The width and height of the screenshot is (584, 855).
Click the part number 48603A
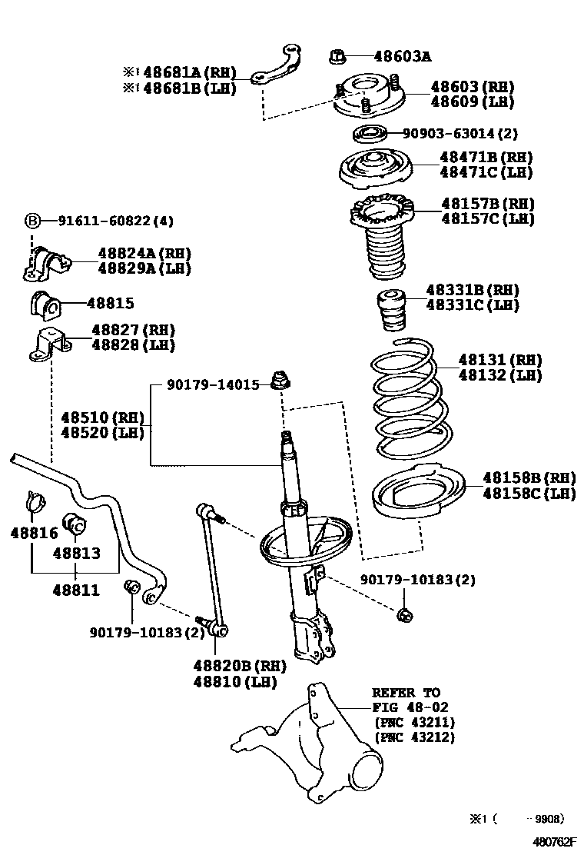pyautogui.click(x=402, y=56)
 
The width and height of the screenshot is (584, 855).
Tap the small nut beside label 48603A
pyautogui.click(x=341, y=55)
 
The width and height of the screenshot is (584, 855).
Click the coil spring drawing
pyautogui.click(x=404, y=392)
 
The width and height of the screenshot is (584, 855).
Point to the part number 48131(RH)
pyautogui.click(x=500, y=360)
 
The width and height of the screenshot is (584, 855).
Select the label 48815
pyautogui.click(x=110, y=304)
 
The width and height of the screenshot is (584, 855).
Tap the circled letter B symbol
pyautogui.click(x=33, y=221)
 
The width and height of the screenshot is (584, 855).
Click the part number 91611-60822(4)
pyautogui.click(x=116, y=221)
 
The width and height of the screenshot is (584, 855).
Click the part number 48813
pyautogui.click(x=77, y=553)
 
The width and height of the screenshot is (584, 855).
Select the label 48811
pyautogui.click(x=75, y=591)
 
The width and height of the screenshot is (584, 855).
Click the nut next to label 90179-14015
pyautogui.click(x=281, y=380)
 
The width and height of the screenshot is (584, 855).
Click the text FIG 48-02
pyautogui.click(x=410, y=707)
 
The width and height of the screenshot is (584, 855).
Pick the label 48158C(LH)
pyautogui.click(x=529, y=494)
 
